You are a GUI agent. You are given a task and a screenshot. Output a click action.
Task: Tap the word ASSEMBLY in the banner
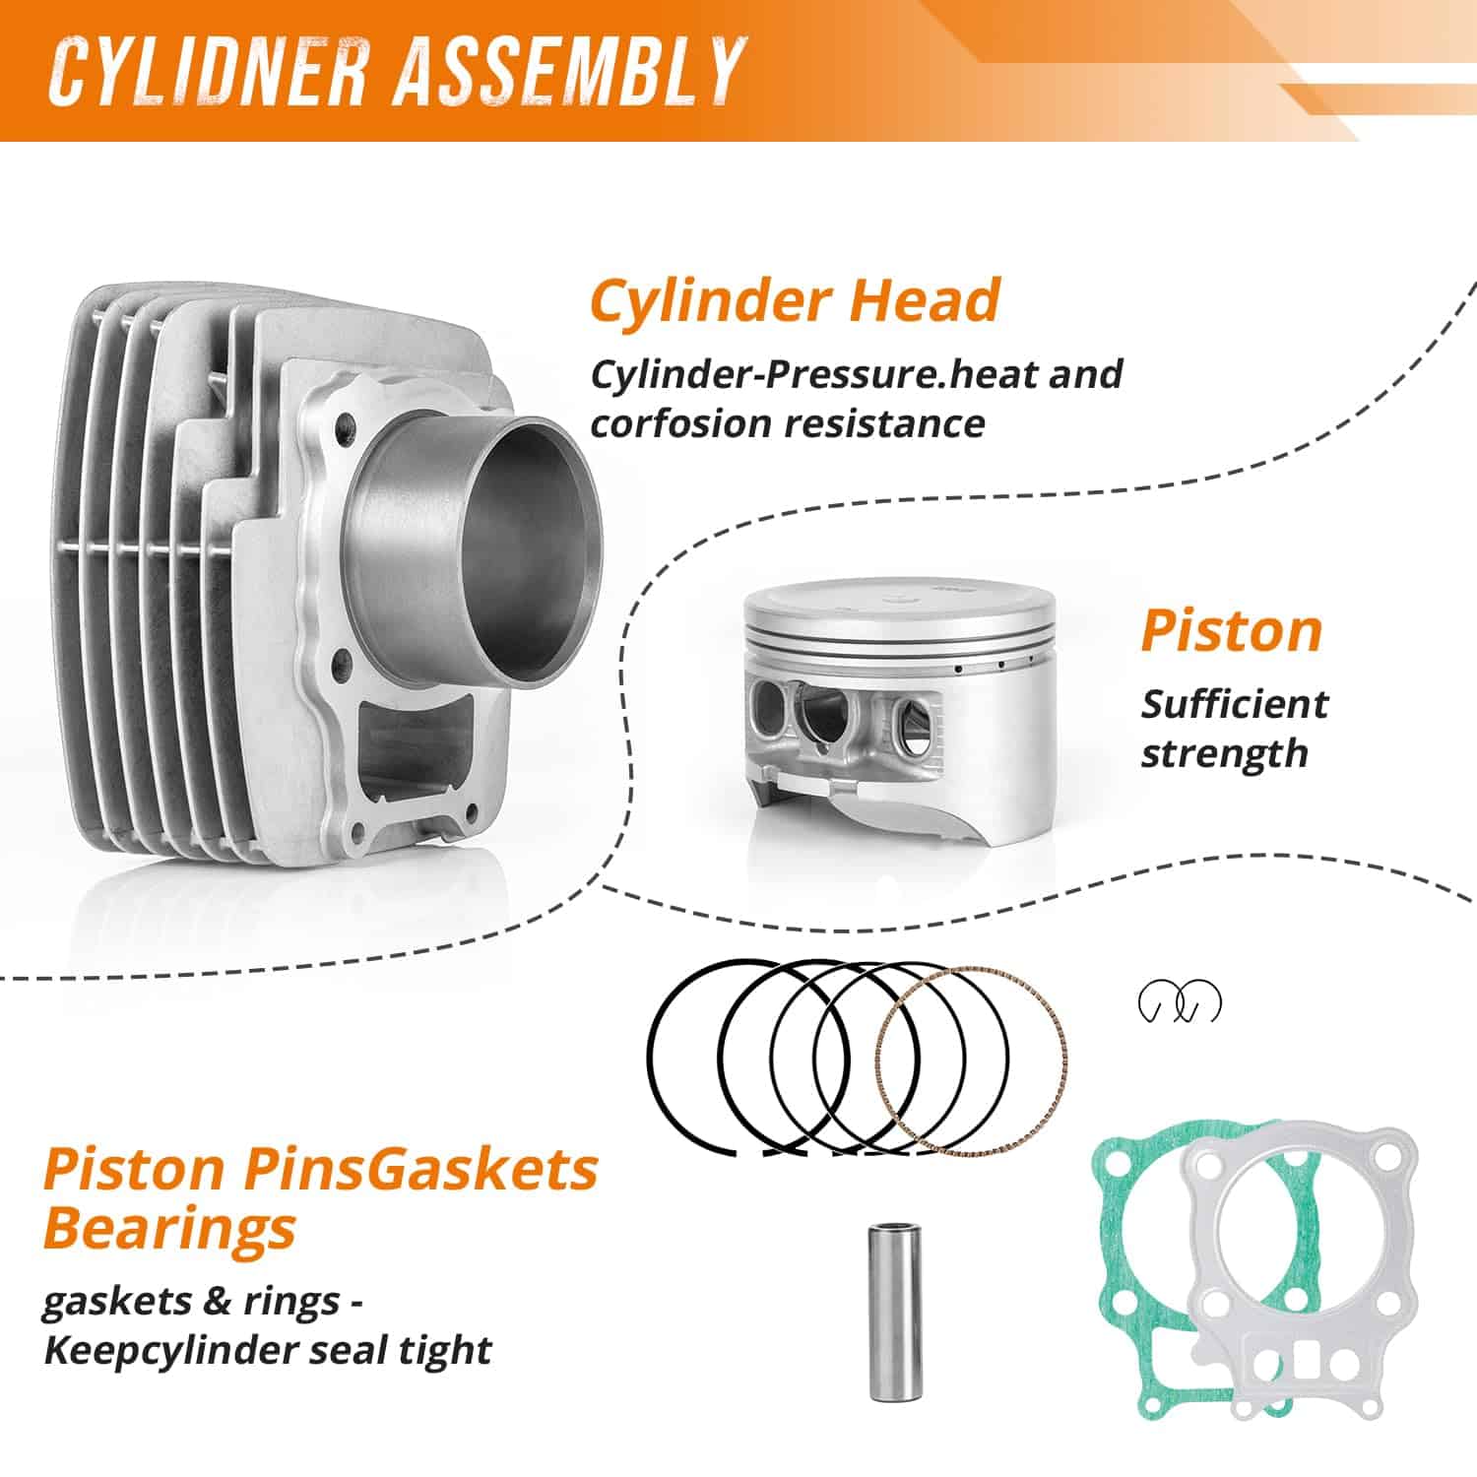coord(568,72)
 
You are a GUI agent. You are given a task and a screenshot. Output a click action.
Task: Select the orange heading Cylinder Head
coord(795,300)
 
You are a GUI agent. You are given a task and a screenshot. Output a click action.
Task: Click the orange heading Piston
coord(1231,631)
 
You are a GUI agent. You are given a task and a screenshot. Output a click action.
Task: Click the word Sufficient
coord(1234,704)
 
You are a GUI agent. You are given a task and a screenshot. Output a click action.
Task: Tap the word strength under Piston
coord(1224,754)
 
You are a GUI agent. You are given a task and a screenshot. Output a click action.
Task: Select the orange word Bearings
coord(169,1229)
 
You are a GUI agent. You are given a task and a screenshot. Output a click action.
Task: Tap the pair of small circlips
coord(1180,1002)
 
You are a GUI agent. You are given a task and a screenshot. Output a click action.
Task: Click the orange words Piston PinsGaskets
coord(321,1169)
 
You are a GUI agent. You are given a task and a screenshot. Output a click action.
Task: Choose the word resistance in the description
coord(885,423)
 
